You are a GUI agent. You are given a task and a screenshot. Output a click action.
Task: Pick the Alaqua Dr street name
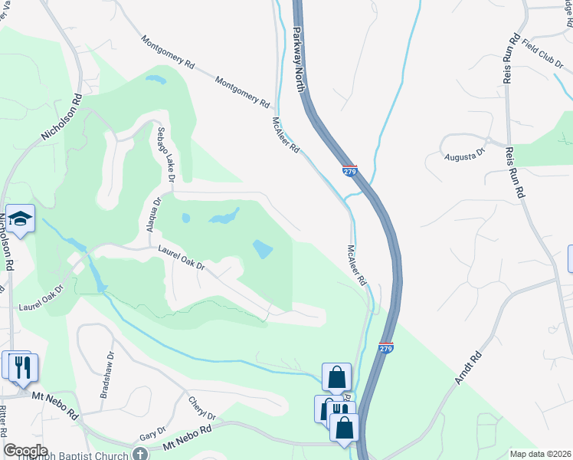click(x=156, y=215)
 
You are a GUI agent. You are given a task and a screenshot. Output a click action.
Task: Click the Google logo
click(x=25, y=451)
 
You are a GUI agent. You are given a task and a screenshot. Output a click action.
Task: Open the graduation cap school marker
click(x=21, y=219)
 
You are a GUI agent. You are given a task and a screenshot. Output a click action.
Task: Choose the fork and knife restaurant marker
click(x=22, y=366)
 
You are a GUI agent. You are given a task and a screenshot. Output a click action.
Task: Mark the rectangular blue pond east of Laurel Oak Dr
click(x=263, y=249)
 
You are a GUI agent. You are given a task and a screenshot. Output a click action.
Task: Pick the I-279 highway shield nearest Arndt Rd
click(x=386, y=349)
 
